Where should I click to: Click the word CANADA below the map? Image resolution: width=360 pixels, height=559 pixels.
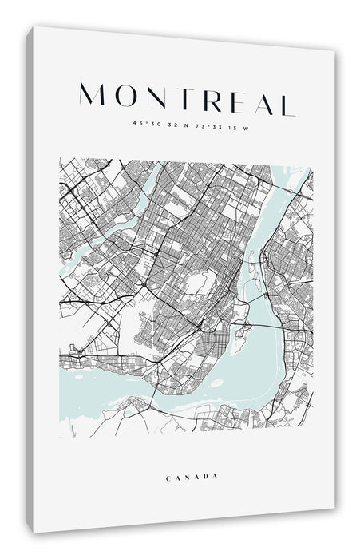[x=192, y=478]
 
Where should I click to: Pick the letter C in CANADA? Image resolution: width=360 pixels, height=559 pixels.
[x=168, y=478]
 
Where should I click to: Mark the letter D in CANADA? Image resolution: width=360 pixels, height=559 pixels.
[x=206, y=478]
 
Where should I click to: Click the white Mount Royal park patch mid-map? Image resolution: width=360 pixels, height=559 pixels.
[x=198, y=281]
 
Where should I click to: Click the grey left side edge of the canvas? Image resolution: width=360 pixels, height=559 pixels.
[x=29, y=279]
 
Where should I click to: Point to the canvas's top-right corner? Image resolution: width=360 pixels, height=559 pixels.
[x=335, y=50]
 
